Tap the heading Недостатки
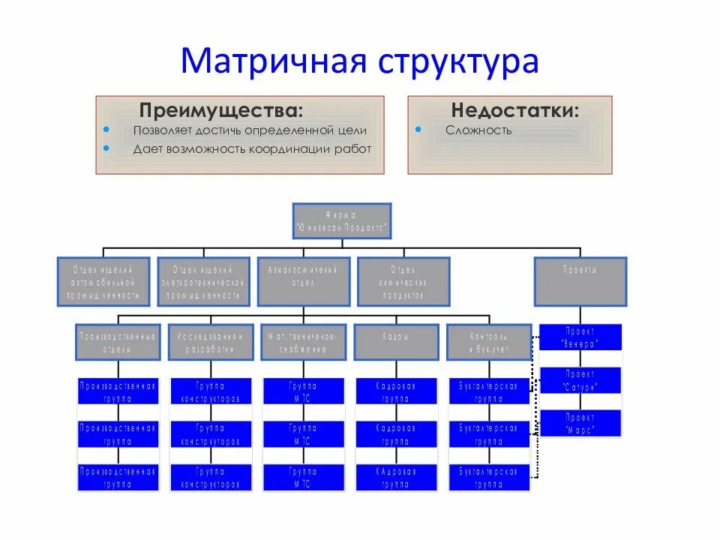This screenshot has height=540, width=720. (514, 110)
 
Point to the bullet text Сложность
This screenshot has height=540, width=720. (478, 130)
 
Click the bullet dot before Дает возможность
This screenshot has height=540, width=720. (106, 148)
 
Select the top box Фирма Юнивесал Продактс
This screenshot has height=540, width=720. (341, 221)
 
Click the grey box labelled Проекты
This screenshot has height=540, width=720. (580, 281)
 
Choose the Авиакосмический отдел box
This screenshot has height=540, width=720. (303, 281)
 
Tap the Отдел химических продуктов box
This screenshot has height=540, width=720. (403, 281)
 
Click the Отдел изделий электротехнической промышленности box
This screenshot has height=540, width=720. (203, 281)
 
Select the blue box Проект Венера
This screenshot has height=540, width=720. (580, 337)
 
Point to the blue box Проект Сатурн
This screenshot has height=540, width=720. (580, 381)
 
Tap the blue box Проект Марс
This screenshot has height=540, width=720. (580, 424)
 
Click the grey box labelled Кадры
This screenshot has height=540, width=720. (396, 342)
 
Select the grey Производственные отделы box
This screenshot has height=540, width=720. (118, 342)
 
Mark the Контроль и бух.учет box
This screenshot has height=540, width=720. (488, 342)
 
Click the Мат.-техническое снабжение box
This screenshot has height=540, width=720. (303, 342)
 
